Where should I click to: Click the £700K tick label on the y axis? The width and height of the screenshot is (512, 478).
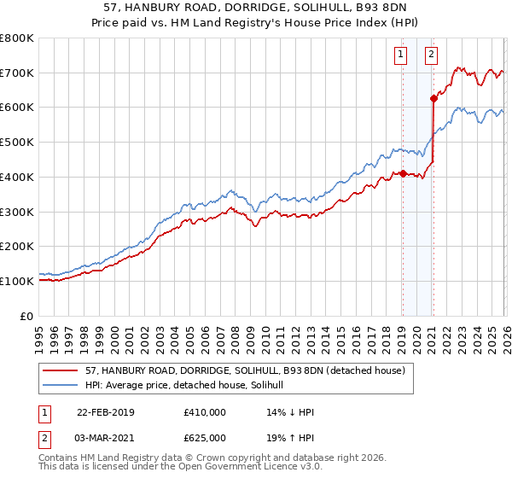click(17, 73)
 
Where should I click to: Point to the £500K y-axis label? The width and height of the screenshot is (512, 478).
click(17, 142)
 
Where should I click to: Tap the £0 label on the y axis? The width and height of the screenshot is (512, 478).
click(26, 316)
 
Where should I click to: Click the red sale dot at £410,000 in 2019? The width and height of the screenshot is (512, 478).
click(402, 173)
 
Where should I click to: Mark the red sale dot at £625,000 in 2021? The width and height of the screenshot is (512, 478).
click(433, 98)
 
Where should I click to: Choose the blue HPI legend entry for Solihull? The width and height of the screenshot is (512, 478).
click(189, 385)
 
